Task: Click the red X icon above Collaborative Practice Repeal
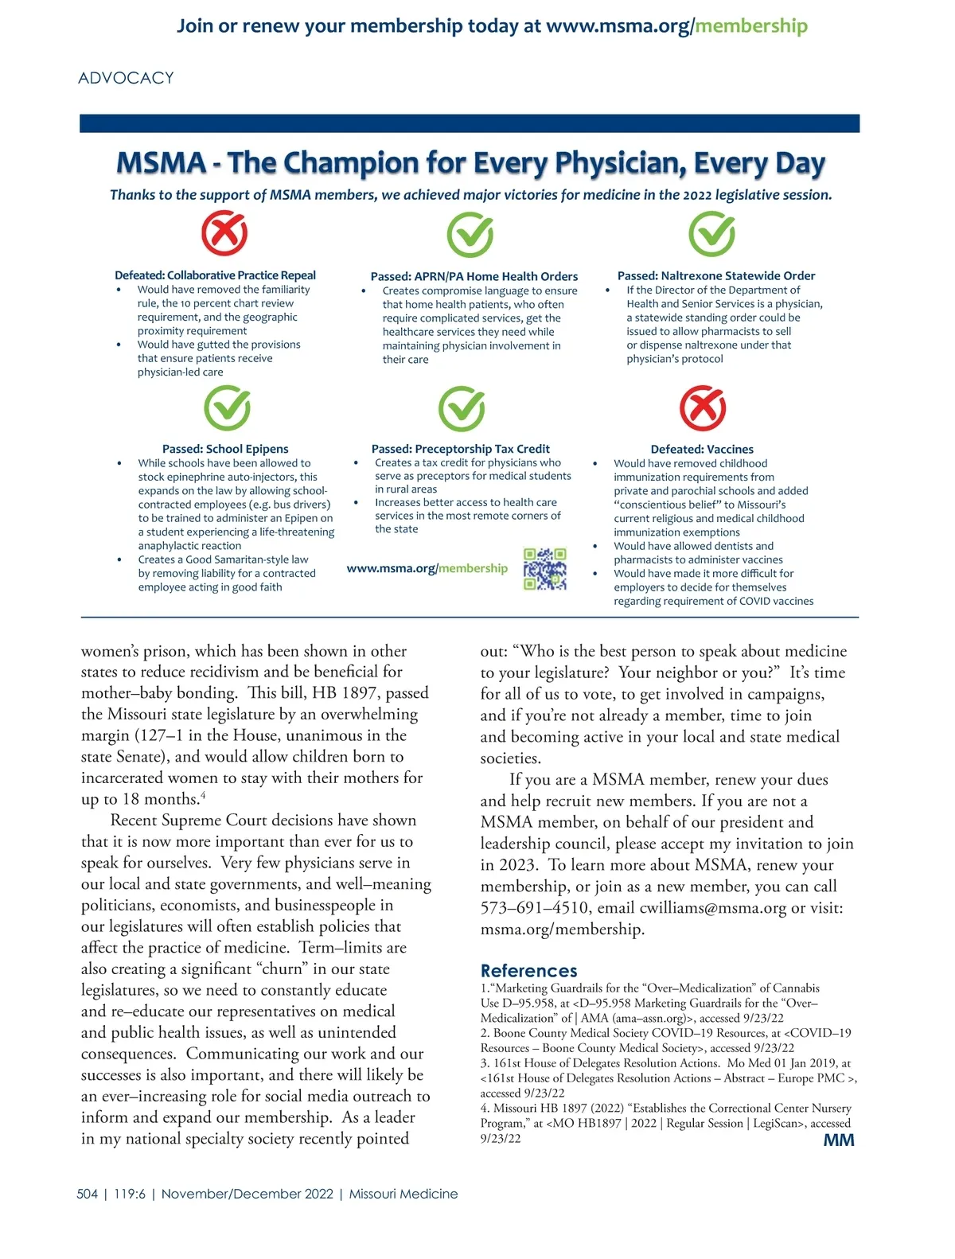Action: tap(224, 233)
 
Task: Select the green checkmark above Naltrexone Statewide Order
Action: tap(711, 234)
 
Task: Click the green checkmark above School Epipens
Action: tap(228, 408)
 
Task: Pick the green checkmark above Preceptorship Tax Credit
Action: tap(462, 408)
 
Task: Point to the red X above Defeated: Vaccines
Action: tap(703, 408)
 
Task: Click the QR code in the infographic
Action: tap(545, 569)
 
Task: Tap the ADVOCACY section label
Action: tap(126, 78)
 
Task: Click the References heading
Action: tap(528, 970)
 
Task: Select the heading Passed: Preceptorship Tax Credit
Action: tap(460, 449)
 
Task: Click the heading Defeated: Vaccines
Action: tap(702, 449)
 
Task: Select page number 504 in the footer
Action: tap(88, 1194)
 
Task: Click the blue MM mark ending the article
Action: tap(839, 1140)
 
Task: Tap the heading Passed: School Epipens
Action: tap(225, 449)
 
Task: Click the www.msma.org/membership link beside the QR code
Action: tap(427, 568)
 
